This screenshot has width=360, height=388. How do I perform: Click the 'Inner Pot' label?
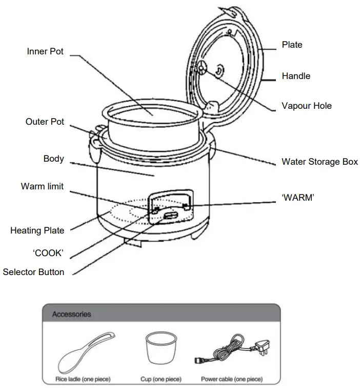(x=45, y=52)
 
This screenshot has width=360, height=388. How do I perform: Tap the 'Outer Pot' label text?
(x=45, y=122)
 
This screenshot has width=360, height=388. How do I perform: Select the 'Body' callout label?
(x=53, y=159)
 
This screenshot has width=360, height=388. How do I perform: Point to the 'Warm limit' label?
(x=42, y=186)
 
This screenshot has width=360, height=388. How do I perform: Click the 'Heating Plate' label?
(x=37, y=230)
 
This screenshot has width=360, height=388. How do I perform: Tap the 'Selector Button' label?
(x=33, y=272)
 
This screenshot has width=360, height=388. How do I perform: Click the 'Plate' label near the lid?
(x=292, y=45)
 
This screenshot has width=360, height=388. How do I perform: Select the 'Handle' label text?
(x=296, y=76)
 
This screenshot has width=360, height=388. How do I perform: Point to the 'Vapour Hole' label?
(x=306, y=106)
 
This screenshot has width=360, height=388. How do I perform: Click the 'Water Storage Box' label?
(x=319, y=162)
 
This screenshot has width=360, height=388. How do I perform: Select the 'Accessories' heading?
(x=72, y=314)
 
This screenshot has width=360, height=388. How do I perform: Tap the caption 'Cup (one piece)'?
(x=161, y=379)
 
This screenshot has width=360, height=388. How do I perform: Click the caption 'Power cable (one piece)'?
(x=231, y=379)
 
